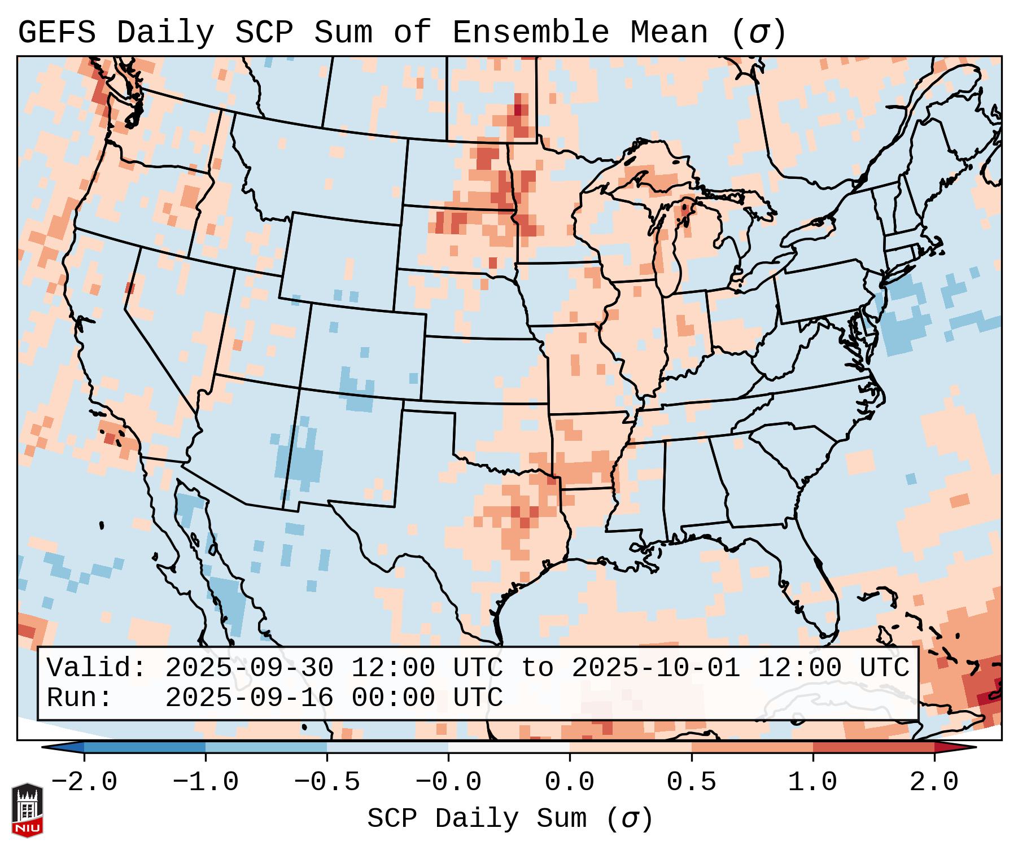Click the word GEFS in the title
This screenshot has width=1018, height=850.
tap(57, 33)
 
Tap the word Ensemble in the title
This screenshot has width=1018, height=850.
tap(530, 33)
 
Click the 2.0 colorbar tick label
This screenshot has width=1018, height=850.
tap(934, 782)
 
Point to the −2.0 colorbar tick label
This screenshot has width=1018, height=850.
tap(84, 782)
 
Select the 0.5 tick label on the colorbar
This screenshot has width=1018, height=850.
tap(691, 782)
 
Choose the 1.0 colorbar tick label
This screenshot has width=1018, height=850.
tap(812, 782)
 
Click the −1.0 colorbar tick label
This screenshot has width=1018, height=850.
tap(206, 782)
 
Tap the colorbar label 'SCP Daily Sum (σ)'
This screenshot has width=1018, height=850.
tap(510, 819)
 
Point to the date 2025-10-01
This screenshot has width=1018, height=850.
tap(656, 668)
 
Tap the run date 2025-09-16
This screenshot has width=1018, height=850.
tap(249, 698)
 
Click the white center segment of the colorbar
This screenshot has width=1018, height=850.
tap(509, 748)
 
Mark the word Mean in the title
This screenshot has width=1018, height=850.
tap(669, 33)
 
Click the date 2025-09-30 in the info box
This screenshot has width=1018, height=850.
tap(249, 668)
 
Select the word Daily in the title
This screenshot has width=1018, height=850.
tap(165, 33)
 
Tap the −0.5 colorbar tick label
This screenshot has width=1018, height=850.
tap(327, 782)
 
